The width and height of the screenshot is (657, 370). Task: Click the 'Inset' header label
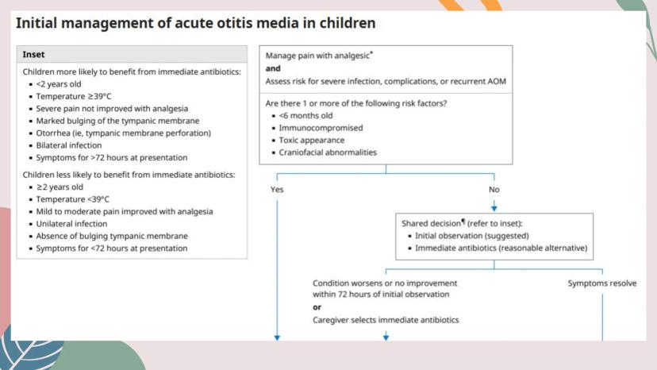click(x=33, y=55)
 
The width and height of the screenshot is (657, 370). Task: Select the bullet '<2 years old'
click(x=59, y=84)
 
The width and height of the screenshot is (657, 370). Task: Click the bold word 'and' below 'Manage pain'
click(x=273, y=68)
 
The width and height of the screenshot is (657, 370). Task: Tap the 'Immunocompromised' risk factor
click(x=321, y=128)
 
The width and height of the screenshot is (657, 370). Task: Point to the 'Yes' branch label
click(x=277, y=189)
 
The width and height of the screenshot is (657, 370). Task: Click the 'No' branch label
click(x=494, y=189)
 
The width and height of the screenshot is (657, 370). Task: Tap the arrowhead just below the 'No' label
click(x=494, y=208)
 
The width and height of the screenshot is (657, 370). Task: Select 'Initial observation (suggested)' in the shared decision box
click(x=472, y=236)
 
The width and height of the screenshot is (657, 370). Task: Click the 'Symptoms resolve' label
click(x=602, y=283)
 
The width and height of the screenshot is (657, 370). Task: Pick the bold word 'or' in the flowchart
click(x=317, y=307)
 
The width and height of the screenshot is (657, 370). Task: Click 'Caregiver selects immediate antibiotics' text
click(x=386, y=320)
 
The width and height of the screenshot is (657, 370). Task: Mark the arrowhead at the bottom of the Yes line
click(x=277, y=337)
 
